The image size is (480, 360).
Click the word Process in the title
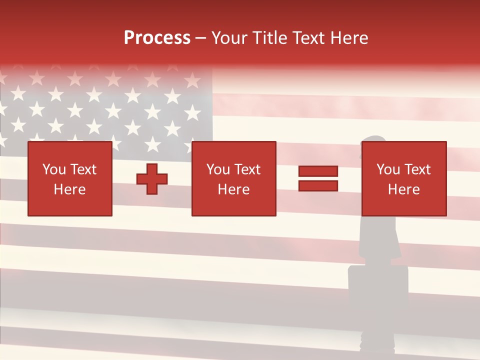tap(157, 38)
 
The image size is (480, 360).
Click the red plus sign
tap(152, 179)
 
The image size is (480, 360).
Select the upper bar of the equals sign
tap(318, 171)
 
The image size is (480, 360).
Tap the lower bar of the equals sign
tap(318, 186)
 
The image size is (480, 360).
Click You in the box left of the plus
tap(54, 169)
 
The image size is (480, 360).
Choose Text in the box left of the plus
tap(82, 169)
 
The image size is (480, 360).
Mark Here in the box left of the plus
tap(69, 189)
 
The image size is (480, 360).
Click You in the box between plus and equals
tap(218, 169)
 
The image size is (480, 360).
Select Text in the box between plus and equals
tap(247, 169)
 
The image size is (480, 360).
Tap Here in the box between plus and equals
tap(233, 189)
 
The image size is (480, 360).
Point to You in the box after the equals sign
tap(388, 169)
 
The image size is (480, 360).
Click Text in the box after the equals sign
tap(417, 169)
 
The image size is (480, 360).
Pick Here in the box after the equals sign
tap(403, 189)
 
